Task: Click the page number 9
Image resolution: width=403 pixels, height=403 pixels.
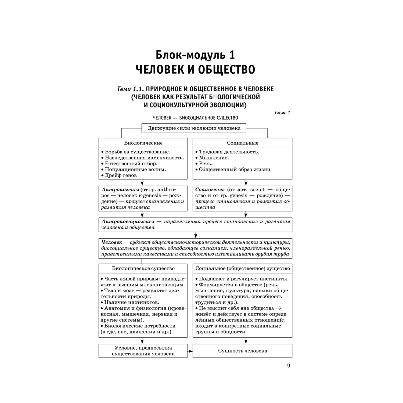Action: tap(289, 366)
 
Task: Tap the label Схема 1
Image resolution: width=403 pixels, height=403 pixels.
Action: tap(282, 113)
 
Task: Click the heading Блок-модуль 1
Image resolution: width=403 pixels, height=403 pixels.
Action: tap(195, 55)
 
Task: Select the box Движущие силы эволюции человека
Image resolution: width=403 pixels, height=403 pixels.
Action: tap(194, 128)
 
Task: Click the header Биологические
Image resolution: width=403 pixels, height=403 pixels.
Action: tap(143, 143)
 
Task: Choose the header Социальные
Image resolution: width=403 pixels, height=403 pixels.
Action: tap(242, 143)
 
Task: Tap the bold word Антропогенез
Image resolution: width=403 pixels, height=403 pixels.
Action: tap(118, 190)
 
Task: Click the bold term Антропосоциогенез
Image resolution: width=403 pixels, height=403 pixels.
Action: tap(128, 222)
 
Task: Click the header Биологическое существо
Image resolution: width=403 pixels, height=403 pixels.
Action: tap(143, 268)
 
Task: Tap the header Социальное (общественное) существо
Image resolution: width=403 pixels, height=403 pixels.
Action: tap(243, 268)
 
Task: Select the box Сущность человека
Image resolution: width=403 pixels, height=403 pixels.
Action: tap(243, 351)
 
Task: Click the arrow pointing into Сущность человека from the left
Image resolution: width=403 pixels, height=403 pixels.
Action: tap(190, 351)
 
